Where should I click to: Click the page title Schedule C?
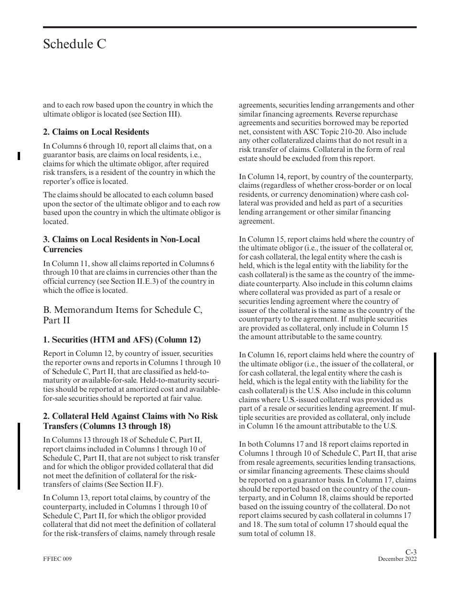point(75,44)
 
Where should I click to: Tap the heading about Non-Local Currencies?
point(121,244)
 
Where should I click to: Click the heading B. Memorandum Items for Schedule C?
point(122,315)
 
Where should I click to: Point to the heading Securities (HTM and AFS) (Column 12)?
point(122,340)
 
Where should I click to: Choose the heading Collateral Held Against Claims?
point(130,421)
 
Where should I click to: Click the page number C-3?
point(411,552)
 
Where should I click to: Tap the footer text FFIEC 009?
point(57,559)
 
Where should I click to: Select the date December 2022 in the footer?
point(397,559)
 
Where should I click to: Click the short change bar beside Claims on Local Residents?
point(19,155)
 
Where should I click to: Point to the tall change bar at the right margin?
point(435,445)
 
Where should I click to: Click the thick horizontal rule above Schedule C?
point(229,27)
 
